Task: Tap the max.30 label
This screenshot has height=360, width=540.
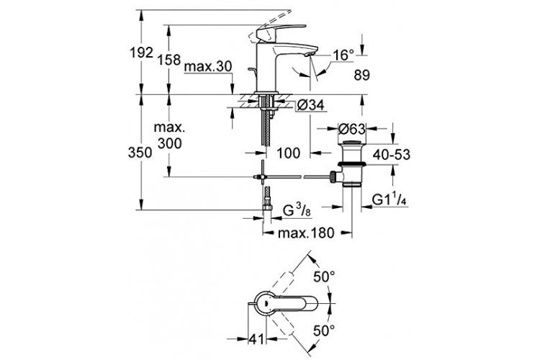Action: (207, 66)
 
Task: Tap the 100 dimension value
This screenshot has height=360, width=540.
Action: (289, 152)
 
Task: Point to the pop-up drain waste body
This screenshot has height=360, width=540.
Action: (351, 166)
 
